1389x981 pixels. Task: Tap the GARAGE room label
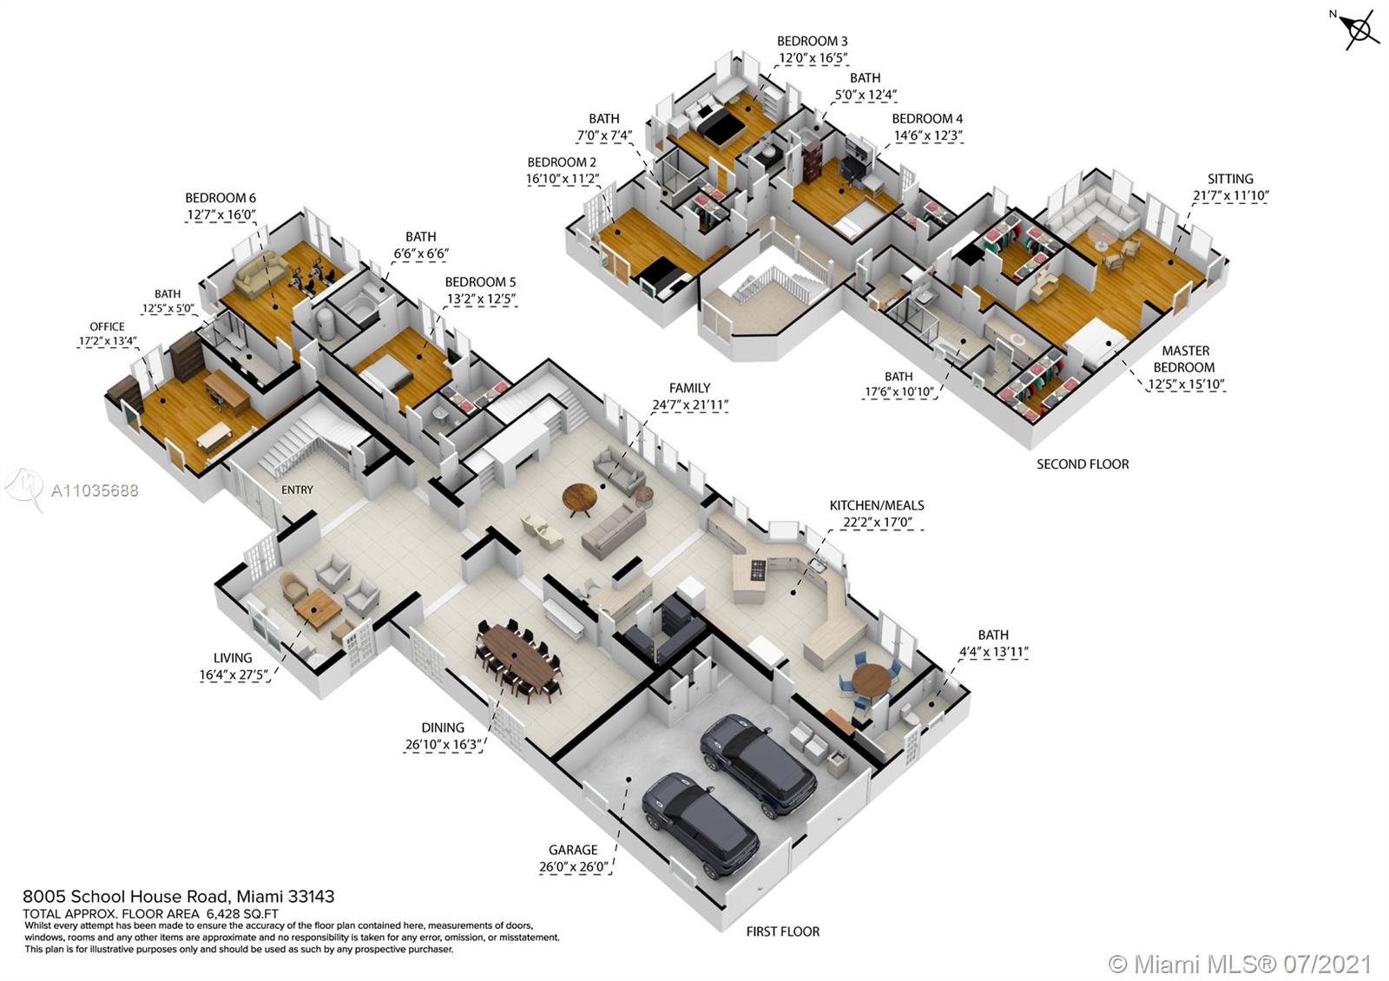(x=573, y=850)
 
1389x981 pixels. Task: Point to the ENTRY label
(x=297, y=490)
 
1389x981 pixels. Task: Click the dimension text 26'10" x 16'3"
(x=443, y=745)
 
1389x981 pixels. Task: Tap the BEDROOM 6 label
(x=221, y=198)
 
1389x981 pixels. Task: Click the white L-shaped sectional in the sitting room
(x=1094, y=213)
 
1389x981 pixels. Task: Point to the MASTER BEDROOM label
(x=1185, y=359)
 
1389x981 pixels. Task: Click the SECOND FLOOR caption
(x=1083, y=464)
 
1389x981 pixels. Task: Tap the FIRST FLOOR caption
(x=782, y=932)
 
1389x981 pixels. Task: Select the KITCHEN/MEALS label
(x=877, y=505)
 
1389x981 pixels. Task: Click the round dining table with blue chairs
(x=871, y=680)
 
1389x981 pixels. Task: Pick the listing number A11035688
(x=95, y=490)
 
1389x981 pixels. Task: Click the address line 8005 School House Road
(x=178, y=897)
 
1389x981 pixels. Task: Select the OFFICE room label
(x=107, y=326)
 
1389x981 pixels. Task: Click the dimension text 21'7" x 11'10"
(x=1230, y=196)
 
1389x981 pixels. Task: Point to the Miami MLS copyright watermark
(x=1241, y=964)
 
